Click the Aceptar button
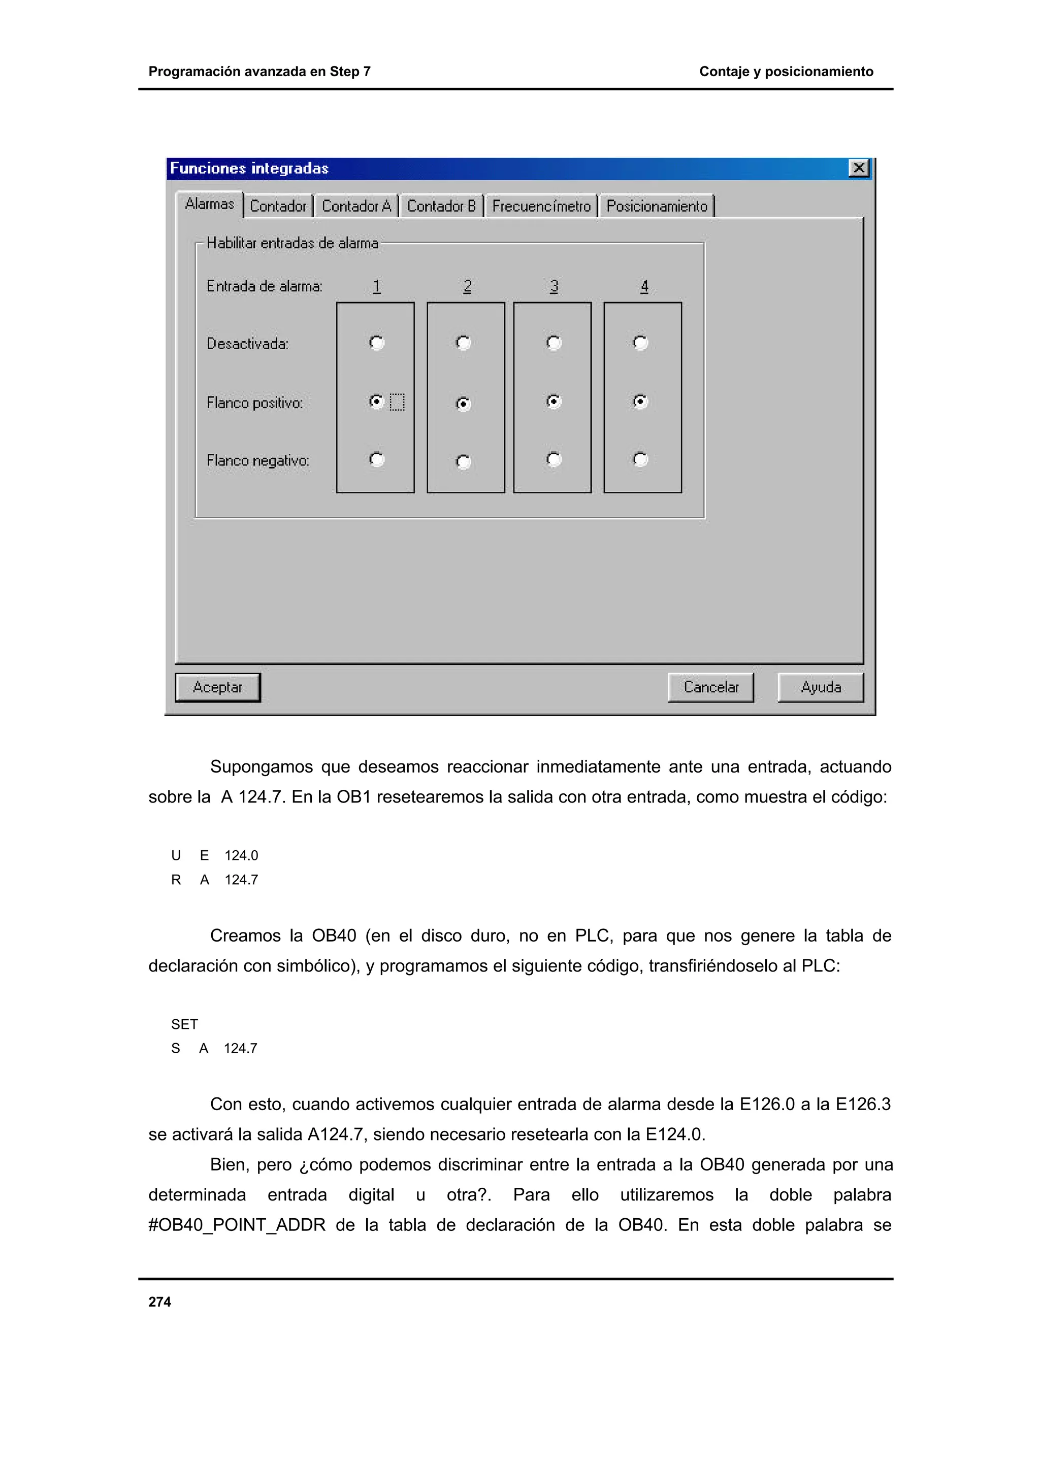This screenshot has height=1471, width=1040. tap(217, 687)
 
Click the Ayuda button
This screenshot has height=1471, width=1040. tap(820, 687)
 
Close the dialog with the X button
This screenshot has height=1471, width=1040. tap(858, 168)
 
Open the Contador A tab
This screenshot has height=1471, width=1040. tap(356, 206)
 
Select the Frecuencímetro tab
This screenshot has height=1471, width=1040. tap(541, 206)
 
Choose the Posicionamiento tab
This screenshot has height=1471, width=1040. tap(656, 206)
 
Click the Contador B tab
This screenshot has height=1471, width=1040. tap(441, 206)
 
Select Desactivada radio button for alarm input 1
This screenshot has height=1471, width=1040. tap(377, 343)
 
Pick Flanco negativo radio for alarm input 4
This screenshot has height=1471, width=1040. tap(640, 459)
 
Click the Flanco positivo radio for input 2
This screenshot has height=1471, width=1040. tap(463, 404)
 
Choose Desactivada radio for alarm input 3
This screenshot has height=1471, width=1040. tap(554, 343)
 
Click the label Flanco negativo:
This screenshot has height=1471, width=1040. tap(257, 461)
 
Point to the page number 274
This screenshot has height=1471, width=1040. tap(159, 1302)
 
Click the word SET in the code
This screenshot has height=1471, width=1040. tap(184, 1024)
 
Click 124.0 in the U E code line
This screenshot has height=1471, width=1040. tap(241, 856)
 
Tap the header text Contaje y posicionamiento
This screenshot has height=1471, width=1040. tap(786, 72)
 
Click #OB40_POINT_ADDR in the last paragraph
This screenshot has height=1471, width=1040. tap(237, 1225)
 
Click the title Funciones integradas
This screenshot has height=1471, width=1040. tap(249, 169)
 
